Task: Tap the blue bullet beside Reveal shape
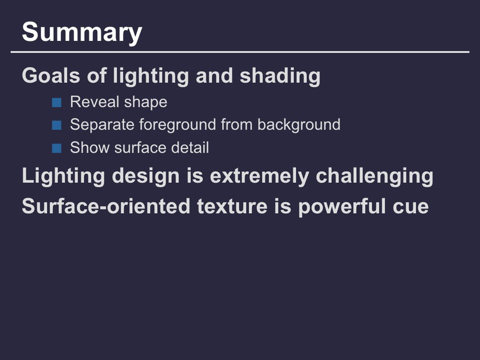[57, 102]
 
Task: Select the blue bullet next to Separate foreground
[57, 125]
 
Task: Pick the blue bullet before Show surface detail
[57, 148]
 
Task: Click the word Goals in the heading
[51, 75]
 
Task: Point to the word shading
[280, 76]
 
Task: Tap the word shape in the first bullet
[146, 103]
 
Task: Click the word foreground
[178, 125]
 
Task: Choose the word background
[299, 125]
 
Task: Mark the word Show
[89, 148]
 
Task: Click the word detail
[190, 147]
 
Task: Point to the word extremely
[260, 177]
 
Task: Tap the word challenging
[375, 177]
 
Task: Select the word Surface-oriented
[106, 206]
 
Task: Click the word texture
[232, 207]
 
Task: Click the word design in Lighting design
[146, 177]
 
